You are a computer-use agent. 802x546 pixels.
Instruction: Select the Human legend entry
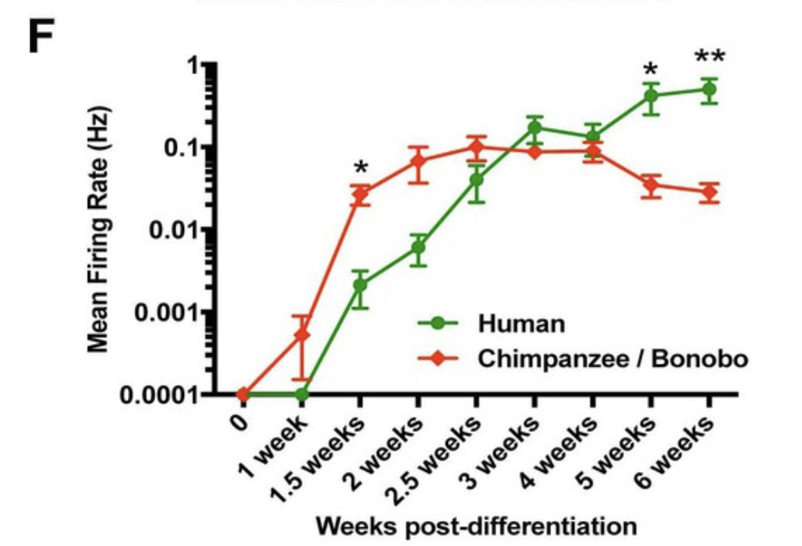[521, 324]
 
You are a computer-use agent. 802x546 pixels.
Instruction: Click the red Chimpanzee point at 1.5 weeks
[360, 194]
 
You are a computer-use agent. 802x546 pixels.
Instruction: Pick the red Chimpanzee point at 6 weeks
[709, 192]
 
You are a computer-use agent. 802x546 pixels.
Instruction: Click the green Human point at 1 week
[302, 394]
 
